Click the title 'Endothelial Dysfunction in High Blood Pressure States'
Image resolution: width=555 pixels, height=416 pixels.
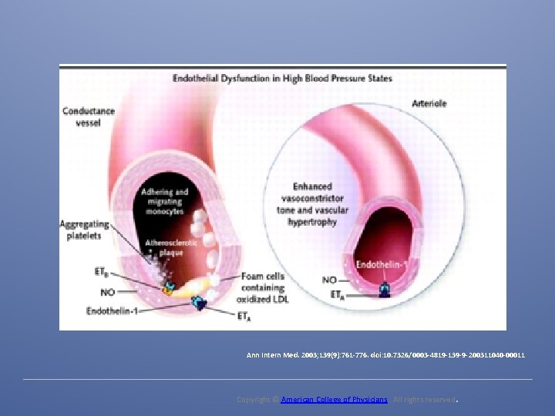pyautogui.click(x=282, y=78)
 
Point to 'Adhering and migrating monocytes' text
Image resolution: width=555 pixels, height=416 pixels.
pyautogui.click(x=164, y=201)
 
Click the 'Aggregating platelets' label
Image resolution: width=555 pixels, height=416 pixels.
pyautogui.click(x=85, y=230)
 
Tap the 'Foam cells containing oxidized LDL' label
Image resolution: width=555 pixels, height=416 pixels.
pyautogui.click(x=264, y=287)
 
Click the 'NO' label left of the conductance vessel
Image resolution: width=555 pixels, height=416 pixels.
pyautogui.click(x=109, y=293)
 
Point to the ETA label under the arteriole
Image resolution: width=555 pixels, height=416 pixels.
pyautogui.click(x=337, y=295)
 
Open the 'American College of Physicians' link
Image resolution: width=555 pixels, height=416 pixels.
pyautogui.click(x=334, y=400)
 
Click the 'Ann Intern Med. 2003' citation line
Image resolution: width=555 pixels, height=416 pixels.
pyautogui.click(x=385, y=355)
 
